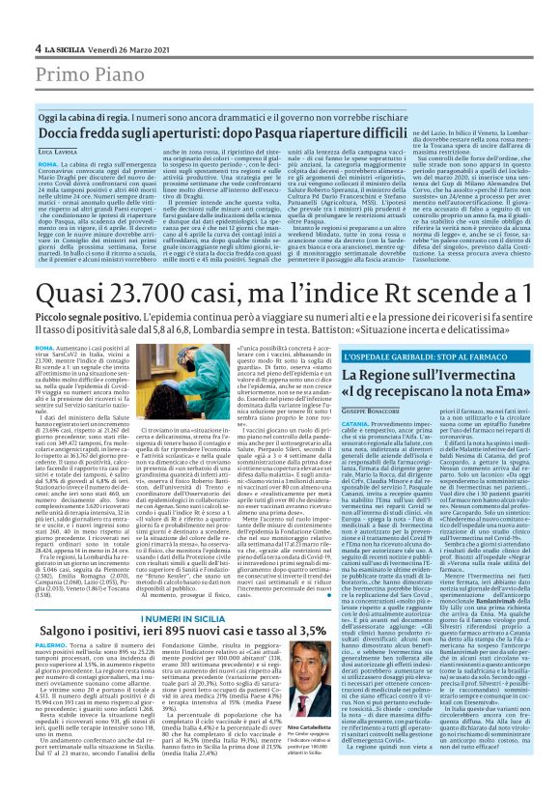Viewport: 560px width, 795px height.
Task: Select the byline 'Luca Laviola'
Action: pos(59,152)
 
